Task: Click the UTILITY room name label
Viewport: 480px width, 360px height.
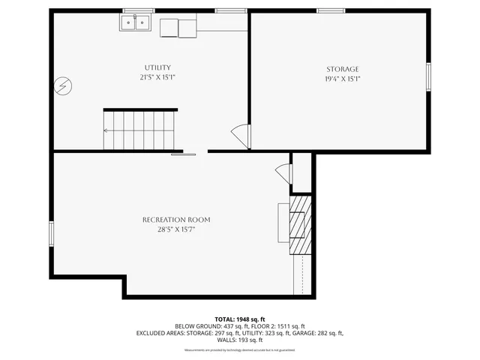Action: click(157, 67)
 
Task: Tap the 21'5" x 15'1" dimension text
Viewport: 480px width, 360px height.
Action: click(157, 77)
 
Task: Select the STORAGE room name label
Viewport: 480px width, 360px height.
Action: click(341, 69)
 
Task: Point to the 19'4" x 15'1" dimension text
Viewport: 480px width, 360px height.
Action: click(341, 79)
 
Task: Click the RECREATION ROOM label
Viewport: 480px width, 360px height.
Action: click(176, 220)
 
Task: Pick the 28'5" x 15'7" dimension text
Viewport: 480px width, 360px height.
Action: click(176, 229)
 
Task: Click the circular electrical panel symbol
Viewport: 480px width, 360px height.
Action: click(61, 86)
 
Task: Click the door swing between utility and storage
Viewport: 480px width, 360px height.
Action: click(240, 136)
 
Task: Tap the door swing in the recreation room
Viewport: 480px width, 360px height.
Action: click(283, 172)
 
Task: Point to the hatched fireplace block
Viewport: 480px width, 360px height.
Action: click(300, 224)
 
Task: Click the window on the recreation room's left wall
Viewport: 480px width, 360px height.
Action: click(51, 233)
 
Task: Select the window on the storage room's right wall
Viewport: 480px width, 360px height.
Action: click(429, 76)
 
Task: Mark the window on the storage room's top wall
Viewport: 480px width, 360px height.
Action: click(330, 10)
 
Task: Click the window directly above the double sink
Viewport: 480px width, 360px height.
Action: click(138, 10)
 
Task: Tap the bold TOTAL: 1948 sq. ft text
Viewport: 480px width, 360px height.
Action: click(239, 319)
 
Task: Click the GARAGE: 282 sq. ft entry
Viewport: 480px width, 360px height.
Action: click(318, 333)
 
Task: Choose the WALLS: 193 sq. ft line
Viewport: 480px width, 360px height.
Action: click(239, 340)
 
